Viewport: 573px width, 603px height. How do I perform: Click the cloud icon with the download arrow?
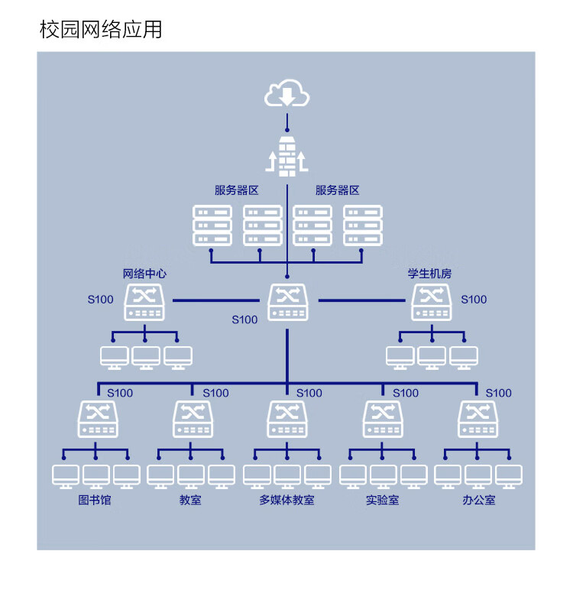tap(286, 94)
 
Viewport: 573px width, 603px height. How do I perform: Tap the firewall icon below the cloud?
tap(286, 157)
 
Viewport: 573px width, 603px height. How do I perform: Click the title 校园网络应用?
tap(100, 29)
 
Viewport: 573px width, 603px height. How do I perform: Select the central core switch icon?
tap(287, 302)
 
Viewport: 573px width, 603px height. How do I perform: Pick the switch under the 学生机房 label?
tap(431, 303)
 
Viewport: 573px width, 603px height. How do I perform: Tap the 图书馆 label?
tap(95, 501)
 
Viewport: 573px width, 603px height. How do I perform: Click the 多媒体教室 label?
tap(286, 501)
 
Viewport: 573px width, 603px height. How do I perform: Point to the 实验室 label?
tap(382, 501)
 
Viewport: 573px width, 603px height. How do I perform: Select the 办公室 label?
tap(478, 501)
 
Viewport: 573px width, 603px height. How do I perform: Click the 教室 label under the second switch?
tap(190, 501)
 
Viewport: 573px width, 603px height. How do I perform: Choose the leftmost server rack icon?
tap(212, 225)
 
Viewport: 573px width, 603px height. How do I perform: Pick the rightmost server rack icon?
tap(362, 225)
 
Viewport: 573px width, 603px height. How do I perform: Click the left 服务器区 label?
tap(237, 190)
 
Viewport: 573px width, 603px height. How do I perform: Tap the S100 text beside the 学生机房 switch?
tap(474, 300)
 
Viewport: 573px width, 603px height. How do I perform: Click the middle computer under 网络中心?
tap(145, 357)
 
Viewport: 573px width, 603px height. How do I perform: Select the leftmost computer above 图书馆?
tap(65, 475)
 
